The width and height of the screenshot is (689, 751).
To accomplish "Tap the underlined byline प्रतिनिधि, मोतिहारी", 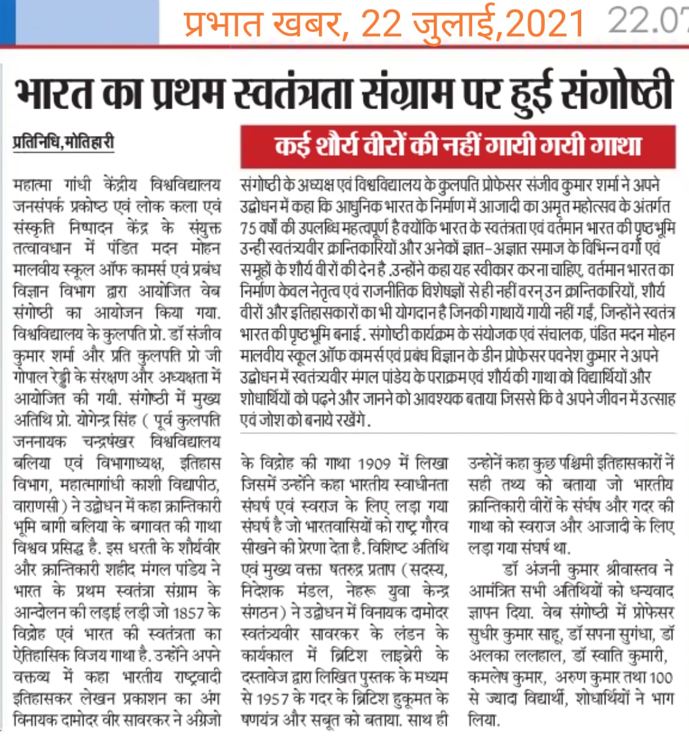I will tap(63, 141).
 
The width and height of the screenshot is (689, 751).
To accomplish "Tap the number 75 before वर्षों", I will tap(248, 227).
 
